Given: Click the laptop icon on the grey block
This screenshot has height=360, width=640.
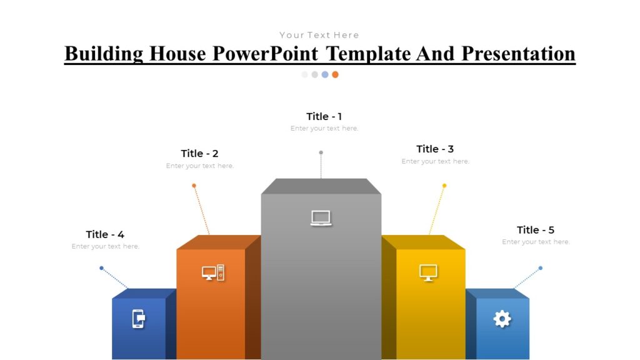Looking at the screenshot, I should [x=321, y=218].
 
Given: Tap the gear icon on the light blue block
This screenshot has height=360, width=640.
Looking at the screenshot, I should [x=502, y=319].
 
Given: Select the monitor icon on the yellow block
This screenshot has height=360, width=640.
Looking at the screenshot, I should [x=428, y=272].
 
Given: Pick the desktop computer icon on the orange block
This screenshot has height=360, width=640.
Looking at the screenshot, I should [x=212, y=272].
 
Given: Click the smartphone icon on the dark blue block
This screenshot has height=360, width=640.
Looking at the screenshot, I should [x=138, y=319].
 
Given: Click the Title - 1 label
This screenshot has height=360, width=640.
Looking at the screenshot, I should [x=324, y=116].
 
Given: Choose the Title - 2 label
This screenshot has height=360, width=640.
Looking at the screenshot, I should [x=199, y=154].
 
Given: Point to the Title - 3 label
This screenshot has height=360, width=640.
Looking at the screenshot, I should [x=435, y=149].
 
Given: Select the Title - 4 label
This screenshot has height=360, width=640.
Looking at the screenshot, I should [x=105, y=234].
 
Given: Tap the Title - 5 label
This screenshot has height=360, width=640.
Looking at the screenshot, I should [x=536, y=230].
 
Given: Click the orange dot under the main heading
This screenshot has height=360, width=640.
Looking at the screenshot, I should [x=335, y=74].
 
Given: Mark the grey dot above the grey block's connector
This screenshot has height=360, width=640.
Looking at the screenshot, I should [x=321, y=152].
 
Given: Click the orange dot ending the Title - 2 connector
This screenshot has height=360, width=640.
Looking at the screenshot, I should [x=194, y=186].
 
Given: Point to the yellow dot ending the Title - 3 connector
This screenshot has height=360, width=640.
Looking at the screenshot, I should [x=444, y=186].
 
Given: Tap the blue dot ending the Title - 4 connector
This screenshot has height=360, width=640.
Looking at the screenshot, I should [x=101, y=268].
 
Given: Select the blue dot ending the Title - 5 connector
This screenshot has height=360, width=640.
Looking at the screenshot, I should [x=541, y=268].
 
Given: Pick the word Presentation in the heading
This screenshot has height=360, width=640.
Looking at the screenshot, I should [x=518, y=54].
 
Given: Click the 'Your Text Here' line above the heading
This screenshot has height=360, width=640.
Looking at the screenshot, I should [x=319, y=35].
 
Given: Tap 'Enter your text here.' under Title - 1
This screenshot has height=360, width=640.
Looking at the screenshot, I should [x=324, y=129].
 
